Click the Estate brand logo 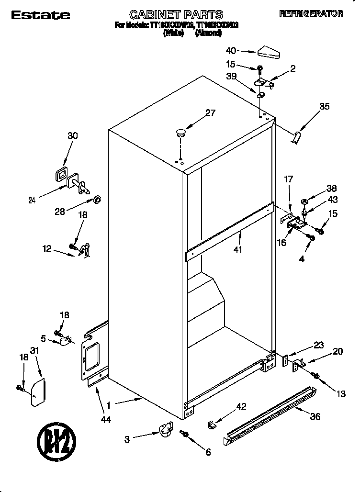pyautogui.click(x=40, y=15)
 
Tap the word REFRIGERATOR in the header pyautogui.click(x=311, y=14)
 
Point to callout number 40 pyautogui.click(x=231, y=50)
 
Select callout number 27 pyautogui.click(x=210, y=113)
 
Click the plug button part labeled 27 pyautogui.click(x=181, y=132)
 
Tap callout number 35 pyautogui.click(x=324, y=107)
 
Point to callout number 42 pyautogui.click(x=241, y=407)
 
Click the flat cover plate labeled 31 pyautogui.click(x=38, y=392)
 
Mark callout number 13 pyautogui.click(x=340, y=394)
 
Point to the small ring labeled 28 pyautogui.click(x=96, y=198)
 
